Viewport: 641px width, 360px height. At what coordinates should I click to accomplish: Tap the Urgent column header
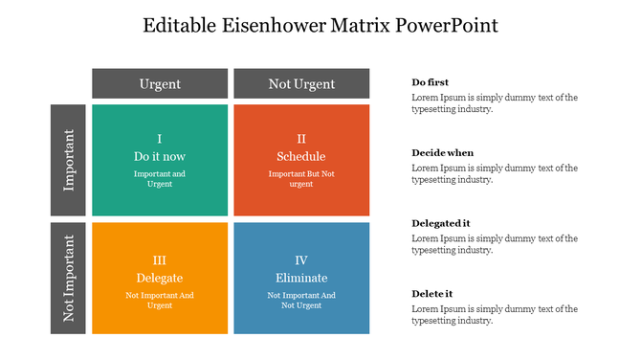160,84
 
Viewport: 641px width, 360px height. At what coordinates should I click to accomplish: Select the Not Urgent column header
301,84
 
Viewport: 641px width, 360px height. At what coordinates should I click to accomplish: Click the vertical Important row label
69,160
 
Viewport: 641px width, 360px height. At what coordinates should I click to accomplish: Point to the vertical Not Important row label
69,279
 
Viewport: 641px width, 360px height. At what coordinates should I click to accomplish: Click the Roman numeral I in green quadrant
160,139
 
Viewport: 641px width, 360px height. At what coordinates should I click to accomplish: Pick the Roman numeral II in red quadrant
301,139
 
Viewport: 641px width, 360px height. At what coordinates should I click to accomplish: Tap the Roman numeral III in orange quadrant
160,259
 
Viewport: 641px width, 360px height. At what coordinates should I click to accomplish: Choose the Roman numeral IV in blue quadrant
301,259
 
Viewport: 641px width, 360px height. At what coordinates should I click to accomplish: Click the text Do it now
160,156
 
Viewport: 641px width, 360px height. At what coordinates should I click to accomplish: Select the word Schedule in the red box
301,156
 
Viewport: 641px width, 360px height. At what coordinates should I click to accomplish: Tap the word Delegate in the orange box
160,278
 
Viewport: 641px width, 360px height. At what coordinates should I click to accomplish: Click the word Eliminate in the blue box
301,278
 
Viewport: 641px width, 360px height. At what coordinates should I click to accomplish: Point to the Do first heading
431,82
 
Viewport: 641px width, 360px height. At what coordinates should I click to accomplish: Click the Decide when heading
443,153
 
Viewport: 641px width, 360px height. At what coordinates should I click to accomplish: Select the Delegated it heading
441,223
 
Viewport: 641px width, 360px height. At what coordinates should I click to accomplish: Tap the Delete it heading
432,293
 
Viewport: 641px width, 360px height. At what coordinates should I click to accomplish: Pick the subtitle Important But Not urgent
301,179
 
